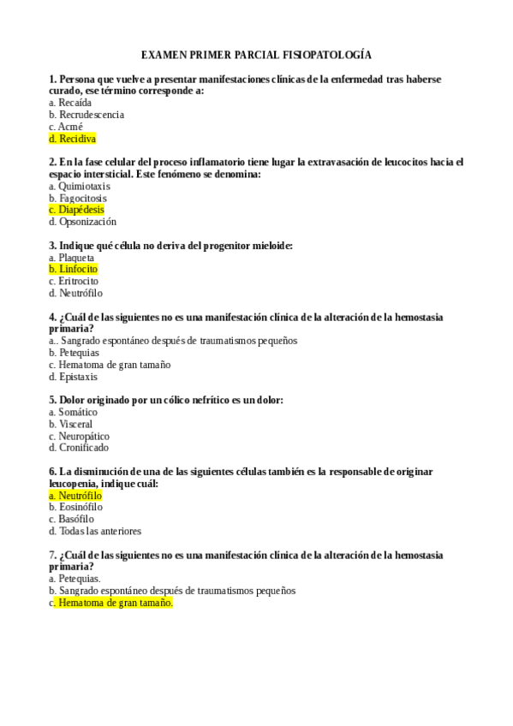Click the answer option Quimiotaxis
tap(84, 186)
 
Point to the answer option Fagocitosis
tap(83, 198)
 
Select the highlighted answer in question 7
tap(115, 603)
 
